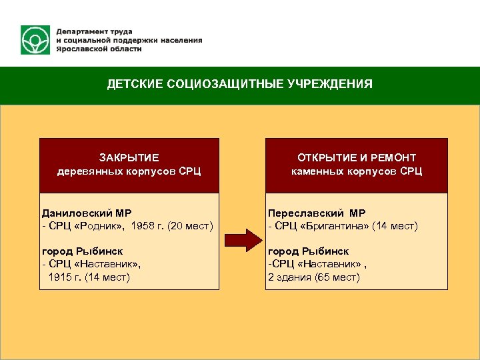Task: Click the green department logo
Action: [35, 40]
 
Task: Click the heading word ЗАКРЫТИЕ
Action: [129, 158]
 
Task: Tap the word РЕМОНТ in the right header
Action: [393, 158]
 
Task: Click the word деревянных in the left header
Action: [84, 171]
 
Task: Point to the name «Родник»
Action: [97, 227]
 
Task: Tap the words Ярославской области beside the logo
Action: [98, 49]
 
